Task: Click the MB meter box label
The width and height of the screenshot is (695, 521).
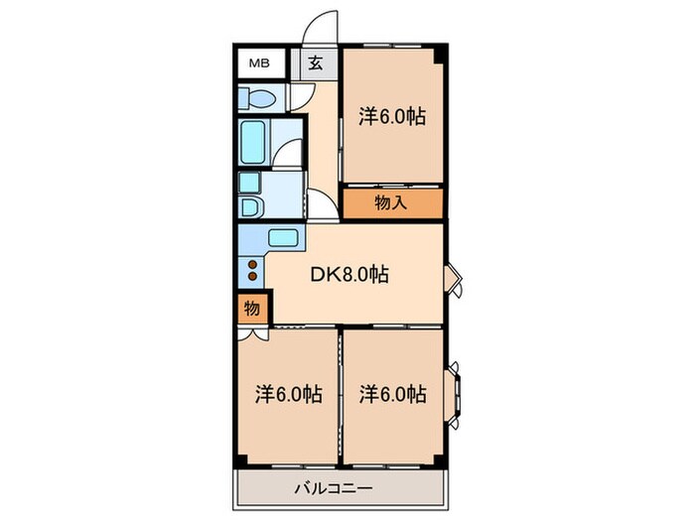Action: point(258,64)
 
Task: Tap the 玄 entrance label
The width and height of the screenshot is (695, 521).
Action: point(314,64)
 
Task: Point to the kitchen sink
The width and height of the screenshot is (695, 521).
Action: point(283,239)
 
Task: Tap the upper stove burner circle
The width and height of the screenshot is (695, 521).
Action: point(252,263)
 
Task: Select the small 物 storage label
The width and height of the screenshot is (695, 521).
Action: point(252,309)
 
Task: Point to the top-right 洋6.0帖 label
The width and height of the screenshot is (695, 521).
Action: point(392,116)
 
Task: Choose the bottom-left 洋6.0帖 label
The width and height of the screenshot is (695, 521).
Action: point(287,394)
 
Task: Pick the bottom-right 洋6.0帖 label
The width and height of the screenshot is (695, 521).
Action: point(392,394)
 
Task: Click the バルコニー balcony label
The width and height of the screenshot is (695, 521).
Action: point(334,488)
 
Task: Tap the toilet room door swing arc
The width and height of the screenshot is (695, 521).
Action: point(298,97)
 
